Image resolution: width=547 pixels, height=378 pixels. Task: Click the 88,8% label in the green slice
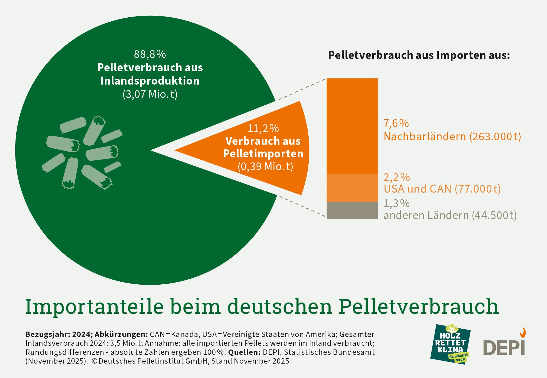pyautogui.click(x=150, y=54)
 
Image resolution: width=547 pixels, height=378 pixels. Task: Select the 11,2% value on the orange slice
pyautogui.click(x=263, y=129)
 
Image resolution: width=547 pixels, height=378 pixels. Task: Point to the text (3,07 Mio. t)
pyautogui.click(x=150, y=94)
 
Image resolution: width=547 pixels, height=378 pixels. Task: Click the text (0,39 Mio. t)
pyautogui.click(x=265, y=166)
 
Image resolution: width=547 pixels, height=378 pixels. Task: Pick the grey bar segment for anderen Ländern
pyautogui.click(x=352, y=210)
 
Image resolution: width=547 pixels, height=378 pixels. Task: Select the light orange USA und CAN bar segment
pyautogui.click(x=352, y=188)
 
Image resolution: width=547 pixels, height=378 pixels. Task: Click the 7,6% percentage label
pyautogui.click(x=396, y=124)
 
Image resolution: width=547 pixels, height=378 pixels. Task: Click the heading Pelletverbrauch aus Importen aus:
pyautogui.click(x=419, y=55)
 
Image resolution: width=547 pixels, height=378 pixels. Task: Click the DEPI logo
pyautogui.click(x=504, y=347)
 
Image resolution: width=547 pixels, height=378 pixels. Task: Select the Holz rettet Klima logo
pyautogui.click(x=450, y=344)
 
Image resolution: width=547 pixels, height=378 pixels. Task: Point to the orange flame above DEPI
pyautogui.click(x=523, y=333)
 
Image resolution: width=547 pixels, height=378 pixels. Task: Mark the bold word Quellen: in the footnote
pyautogui.click(x=244, y=352)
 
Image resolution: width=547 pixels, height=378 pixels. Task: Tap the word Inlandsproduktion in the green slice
pyautogui.click(x=150, y=81)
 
